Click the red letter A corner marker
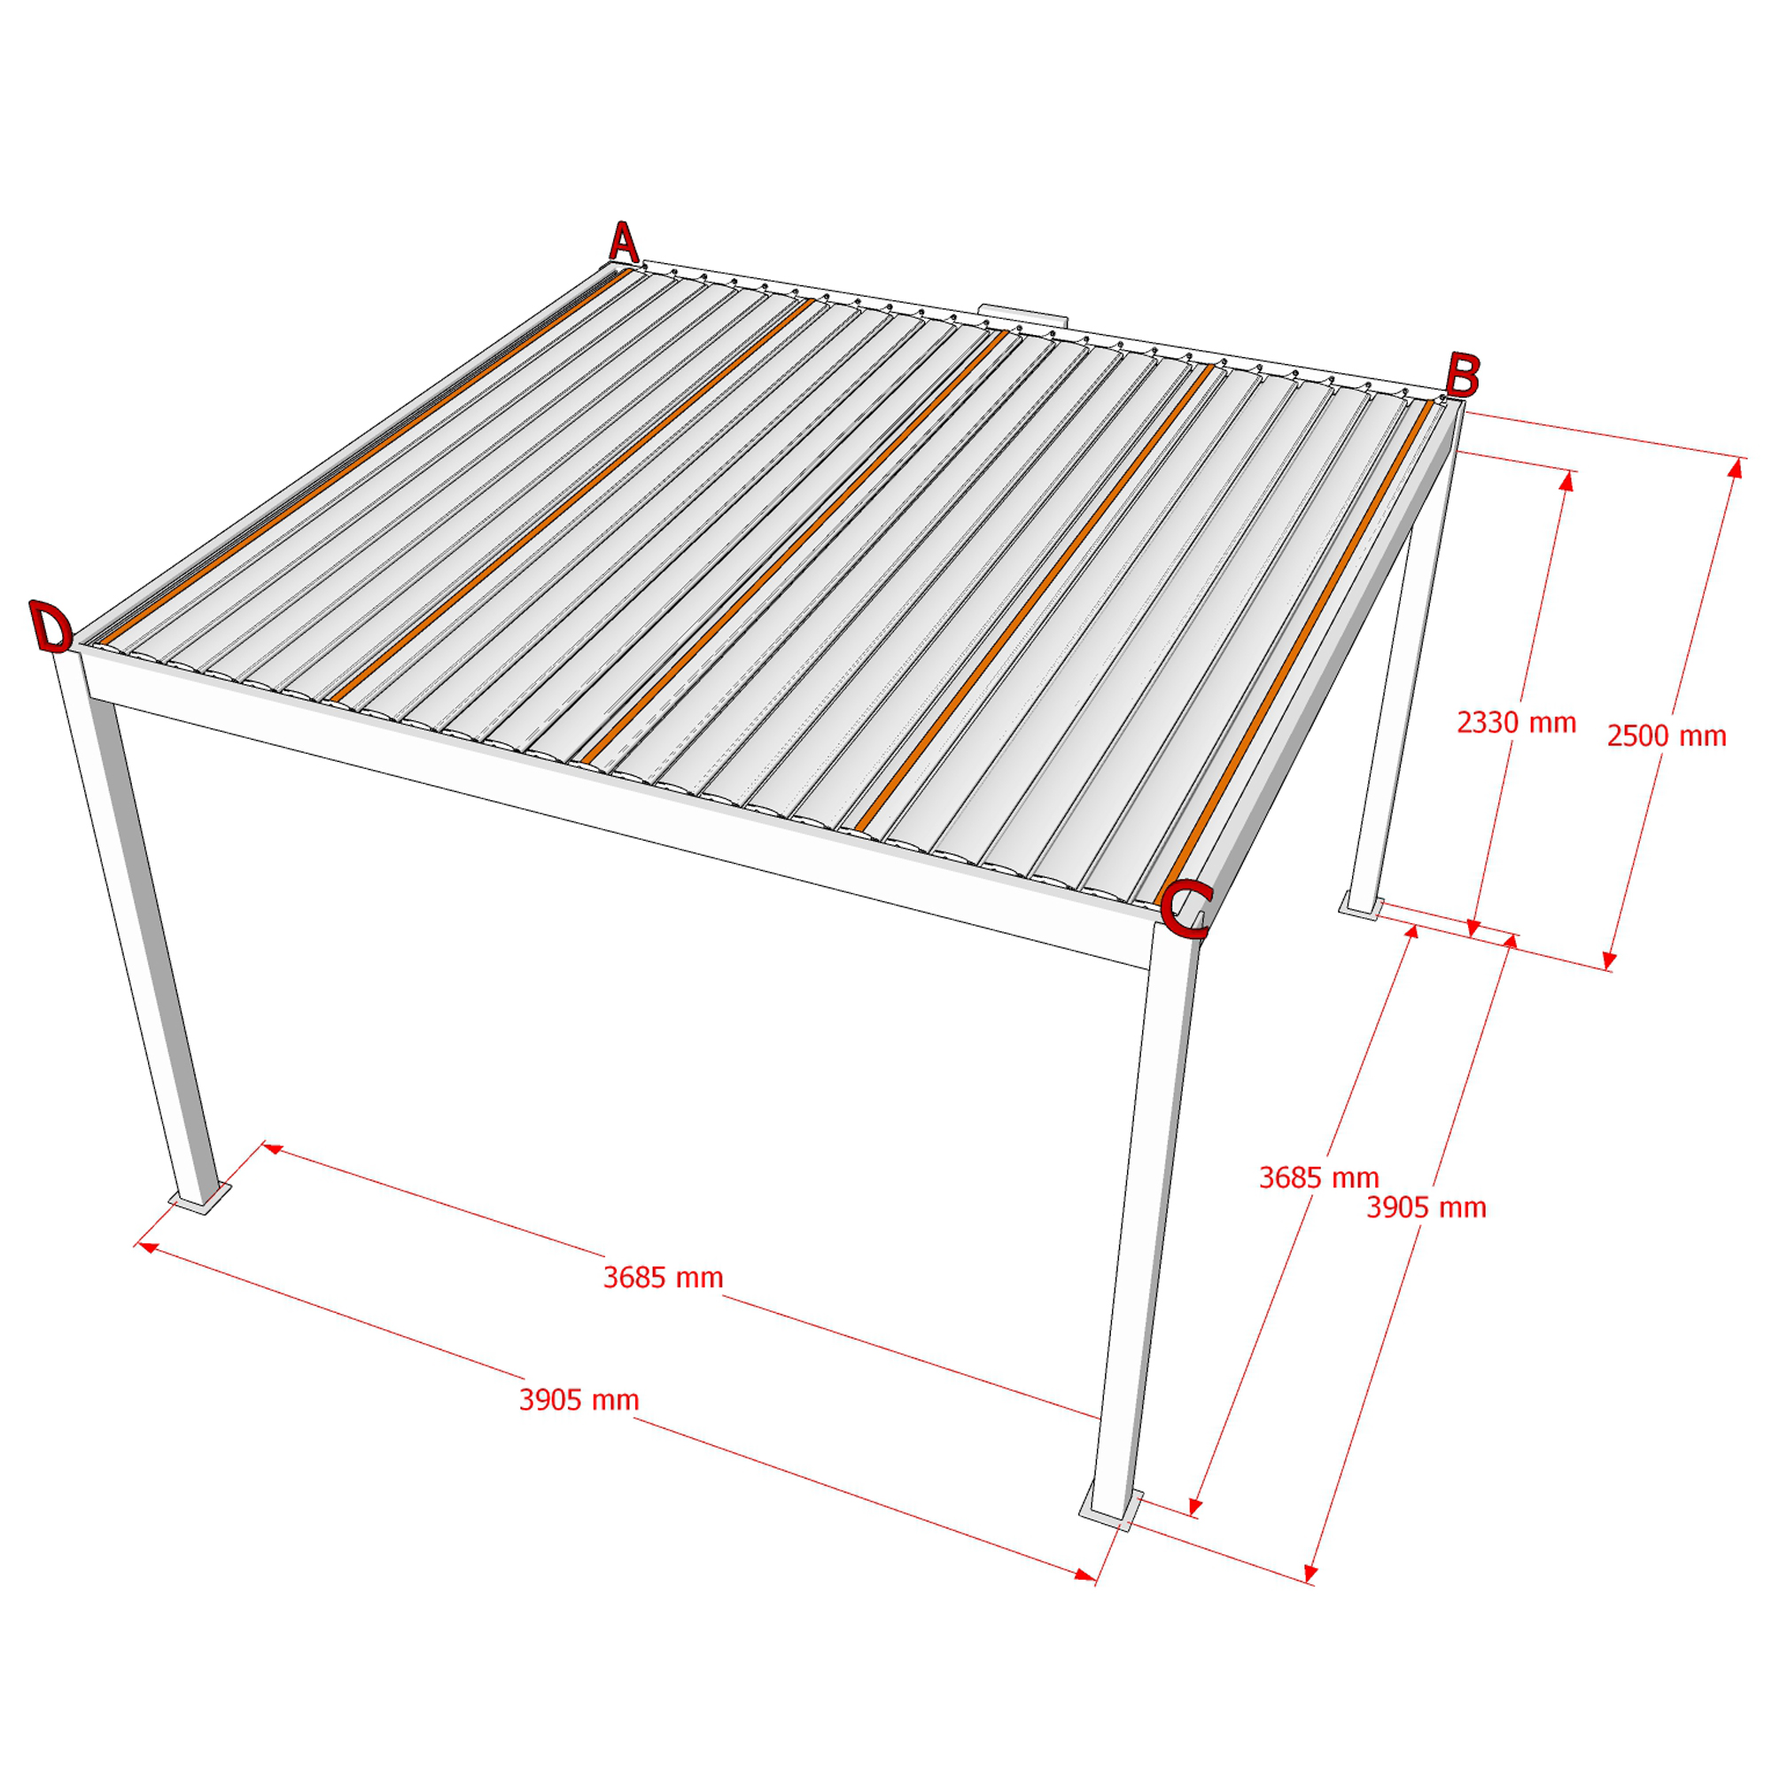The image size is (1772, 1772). tap(624, 242)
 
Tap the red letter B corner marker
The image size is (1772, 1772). tap(1462, 375)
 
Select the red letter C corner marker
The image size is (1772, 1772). tap(1186, 910)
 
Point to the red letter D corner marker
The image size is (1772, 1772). tap(51, 627)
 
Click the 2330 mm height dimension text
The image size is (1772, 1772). tap(1516, 723)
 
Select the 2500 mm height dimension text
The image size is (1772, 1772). tap(1667, 735)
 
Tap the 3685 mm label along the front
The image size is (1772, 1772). tap(663, 1278)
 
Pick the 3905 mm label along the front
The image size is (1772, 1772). tap(579, 1400)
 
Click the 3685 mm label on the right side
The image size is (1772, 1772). tap(1319, 1177)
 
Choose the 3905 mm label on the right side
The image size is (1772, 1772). tap(1426, 1207)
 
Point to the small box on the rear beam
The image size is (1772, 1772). tap(1022, 315)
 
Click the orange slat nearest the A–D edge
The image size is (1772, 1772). tap(365, 455)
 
